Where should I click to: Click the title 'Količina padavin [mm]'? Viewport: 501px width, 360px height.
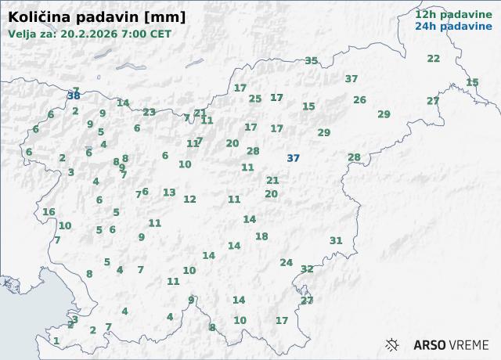(97, 16)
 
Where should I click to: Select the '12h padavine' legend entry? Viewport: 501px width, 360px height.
(448, 14)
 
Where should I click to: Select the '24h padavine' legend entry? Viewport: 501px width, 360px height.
(448, 26)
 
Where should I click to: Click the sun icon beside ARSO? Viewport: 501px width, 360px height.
(393, 344)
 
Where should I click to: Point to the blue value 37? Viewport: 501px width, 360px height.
(293, 158)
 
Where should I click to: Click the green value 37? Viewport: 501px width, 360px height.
(351, 79)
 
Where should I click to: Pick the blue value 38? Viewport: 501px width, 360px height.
(74, 96)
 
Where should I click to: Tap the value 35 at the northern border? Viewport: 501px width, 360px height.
(312, 61)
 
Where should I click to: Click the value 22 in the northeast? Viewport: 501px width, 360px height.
(434, 59)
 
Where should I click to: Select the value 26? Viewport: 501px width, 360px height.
(359, 100)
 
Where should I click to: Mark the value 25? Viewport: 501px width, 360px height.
(255, 99)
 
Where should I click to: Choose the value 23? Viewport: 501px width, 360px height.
(149, 113)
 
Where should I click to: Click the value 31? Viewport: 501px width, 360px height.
(336, 241)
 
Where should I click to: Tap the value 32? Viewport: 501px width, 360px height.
(307, 269)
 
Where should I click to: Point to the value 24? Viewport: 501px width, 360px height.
(287, 263)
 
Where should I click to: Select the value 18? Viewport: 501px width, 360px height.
(261, 236)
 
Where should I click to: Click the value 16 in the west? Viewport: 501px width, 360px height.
(49, 212)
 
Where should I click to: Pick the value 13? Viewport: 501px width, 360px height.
(169, 193)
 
